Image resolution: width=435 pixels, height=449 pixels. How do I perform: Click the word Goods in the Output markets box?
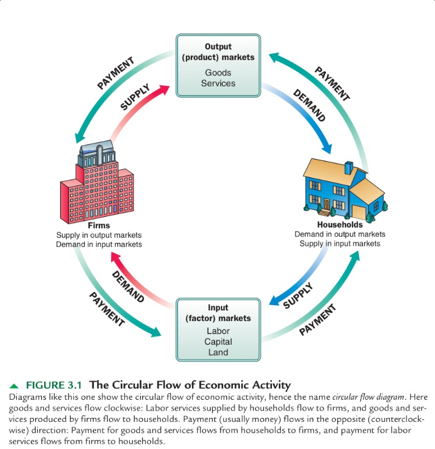tap(218, 72)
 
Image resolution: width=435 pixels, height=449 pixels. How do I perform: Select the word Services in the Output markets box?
tap(218, 83)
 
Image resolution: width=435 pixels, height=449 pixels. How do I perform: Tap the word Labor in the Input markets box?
tap(218, 331)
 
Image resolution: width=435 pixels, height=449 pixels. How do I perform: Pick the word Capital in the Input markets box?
tap(218, 341)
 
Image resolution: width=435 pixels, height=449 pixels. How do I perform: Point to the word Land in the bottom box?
tap(218, 352)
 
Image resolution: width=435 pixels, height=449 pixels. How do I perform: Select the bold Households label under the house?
tap(340, 225)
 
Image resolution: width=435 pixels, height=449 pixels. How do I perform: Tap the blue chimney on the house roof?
tap(349, 168)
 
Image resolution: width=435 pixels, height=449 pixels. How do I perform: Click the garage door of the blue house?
tap(359, 212)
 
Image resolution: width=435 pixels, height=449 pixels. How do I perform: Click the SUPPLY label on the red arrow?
tap(135, 97)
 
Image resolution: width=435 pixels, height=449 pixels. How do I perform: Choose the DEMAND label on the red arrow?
tap(127, 286)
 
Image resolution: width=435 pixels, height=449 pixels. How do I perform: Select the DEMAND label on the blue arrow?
tap(309, 105)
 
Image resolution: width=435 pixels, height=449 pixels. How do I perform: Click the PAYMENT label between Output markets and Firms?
tap(116, 72)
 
